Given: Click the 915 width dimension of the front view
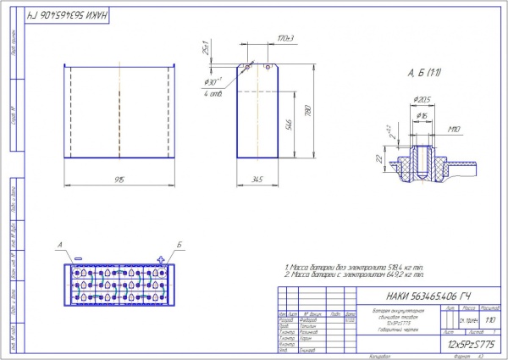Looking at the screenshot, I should point(119,180).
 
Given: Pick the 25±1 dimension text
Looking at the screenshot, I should point(207,50).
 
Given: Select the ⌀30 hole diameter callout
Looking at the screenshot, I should point(213,82).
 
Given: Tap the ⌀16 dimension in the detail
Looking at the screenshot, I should point(421,114).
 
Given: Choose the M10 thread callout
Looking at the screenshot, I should point(453,130).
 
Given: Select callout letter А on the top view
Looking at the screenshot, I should point(59,245).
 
